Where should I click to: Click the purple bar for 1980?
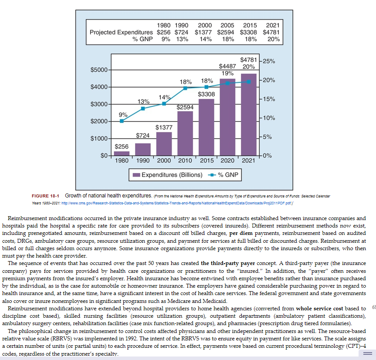[x=122, y=153]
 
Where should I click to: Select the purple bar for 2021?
[x=249, y=115]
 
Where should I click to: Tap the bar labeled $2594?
[x=185, y=134]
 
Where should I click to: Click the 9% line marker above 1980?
[x=122, y=121]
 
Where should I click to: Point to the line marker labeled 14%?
[x=164, y=104]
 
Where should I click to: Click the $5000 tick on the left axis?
[x=99, y=70]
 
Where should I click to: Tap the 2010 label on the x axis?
[x=185, y=160]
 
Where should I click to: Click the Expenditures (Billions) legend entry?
[x=168, y=175]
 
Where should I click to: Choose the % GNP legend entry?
[x=223, y=175]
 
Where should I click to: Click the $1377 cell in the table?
[x=203, y=32]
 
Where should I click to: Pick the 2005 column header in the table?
[x=227, y=25]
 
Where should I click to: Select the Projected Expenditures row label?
[x=121, y=32]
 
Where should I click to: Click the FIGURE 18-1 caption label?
[x=45, y=196]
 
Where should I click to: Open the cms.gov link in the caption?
[x=177, y=203]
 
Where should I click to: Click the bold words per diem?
[x=241, y=233]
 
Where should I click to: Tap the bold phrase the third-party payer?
[x=228, y=263]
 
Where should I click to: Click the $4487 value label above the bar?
[x=227, y=66]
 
